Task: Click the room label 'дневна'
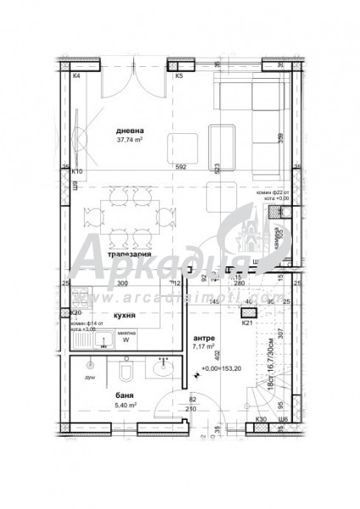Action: click(x=132, y=130)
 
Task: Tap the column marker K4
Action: click(x=76, y=76)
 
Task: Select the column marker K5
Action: click(x=178, y=76)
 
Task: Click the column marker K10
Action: click(x=76, y=171)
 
